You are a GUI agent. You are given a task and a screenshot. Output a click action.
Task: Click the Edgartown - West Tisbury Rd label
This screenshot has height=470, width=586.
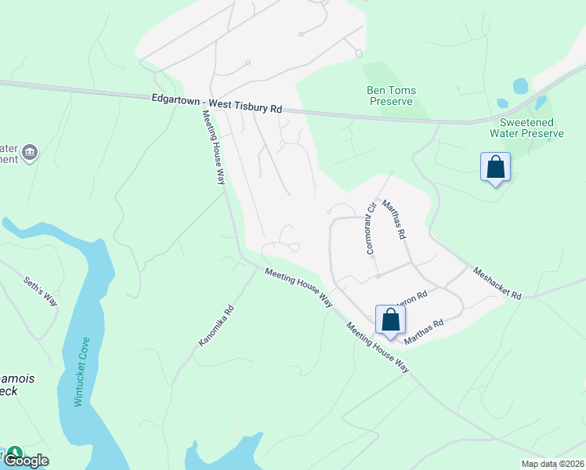(x=216, y=103)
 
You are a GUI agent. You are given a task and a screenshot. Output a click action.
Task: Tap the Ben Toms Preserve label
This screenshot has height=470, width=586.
(x=392, y=96)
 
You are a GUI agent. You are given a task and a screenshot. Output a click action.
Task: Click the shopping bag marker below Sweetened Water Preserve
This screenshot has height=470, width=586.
(x=495, y=168)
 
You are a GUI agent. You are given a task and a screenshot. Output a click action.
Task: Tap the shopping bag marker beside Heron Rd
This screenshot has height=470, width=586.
(x=390, y=320)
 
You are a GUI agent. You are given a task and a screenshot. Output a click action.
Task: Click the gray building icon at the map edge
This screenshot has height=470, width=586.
(x=30, y=152)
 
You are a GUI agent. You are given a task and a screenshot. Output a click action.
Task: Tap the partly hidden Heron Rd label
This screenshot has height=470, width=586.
(x=415, y=297)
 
